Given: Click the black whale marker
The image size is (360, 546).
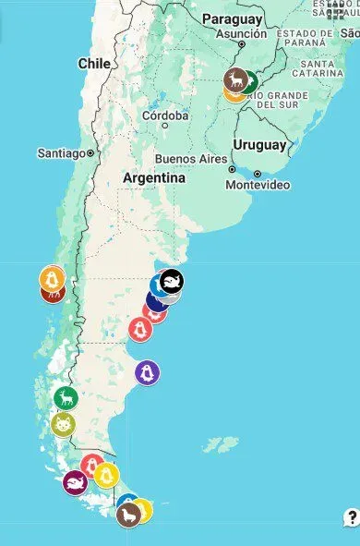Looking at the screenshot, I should click(x=172, y=281).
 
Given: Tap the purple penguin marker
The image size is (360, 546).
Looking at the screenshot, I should click(x=147, y=372).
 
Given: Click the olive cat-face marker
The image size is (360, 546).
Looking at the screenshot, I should click(x=63, y=425).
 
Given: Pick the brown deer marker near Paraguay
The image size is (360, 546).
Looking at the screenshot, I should click(x=236, y=79).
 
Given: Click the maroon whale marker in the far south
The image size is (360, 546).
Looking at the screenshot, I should click(x=75, y=481).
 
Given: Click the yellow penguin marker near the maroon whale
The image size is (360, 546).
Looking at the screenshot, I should click(x=107, y=475).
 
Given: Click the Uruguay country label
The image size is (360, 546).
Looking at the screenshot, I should click(x=259, y=145).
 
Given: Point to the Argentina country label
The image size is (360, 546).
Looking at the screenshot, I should click(x=154, y=177).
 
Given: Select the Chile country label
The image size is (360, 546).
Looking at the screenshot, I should click(x=94, y=64).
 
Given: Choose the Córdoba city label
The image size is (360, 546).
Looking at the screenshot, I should click(x=165, y=116).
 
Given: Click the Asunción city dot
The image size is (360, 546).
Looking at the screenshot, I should click(x=241, y=43).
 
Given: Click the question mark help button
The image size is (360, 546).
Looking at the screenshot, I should click(x=352, y=517).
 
